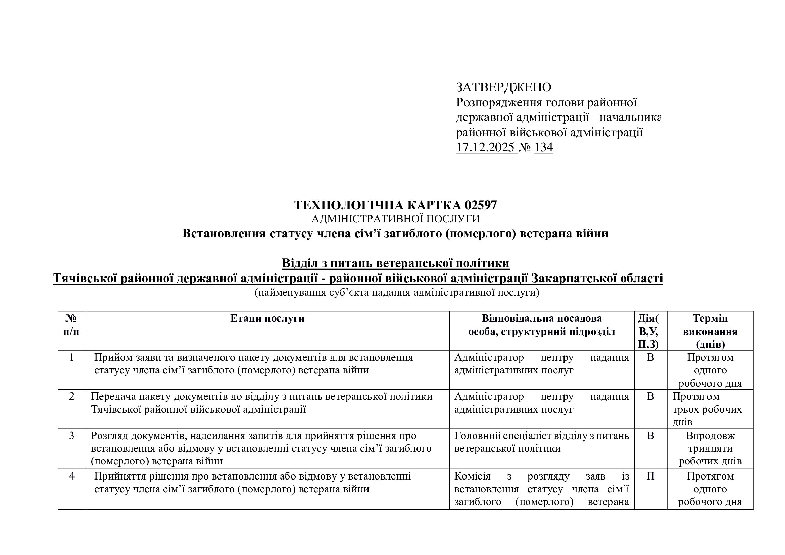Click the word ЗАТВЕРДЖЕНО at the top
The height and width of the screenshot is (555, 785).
pos(503,88)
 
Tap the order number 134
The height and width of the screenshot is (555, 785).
pos(543,147)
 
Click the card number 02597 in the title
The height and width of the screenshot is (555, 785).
pos(481,205)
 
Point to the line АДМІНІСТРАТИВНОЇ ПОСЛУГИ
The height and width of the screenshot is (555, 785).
pos(395,219)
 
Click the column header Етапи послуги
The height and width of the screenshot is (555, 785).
pos(267,318)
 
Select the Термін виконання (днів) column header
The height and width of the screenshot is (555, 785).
pos(710,331)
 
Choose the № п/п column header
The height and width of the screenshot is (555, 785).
pos(71,325)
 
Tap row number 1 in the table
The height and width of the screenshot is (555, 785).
pos(72,357)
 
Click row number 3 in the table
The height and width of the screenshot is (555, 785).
pos(72,436)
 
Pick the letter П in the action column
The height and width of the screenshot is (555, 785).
pos(650,476)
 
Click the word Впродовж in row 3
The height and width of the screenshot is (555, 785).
pos(710,436)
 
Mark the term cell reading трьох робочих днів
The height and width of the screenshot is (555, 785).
pos(707,409)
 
